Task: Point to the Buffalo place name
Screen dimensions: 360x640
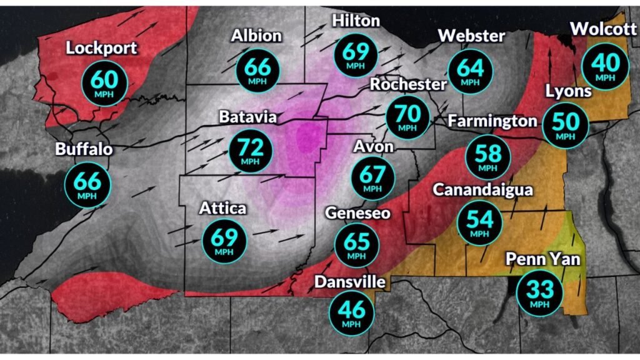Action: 84,150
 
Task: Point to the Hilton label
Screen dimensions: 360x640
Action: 356,21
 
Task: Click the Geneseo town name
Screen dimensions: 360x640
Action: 358,214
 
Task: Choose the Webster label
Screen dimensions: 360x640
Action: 471,36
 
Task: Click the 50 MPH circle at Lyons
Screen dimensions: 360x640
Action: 566,124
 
